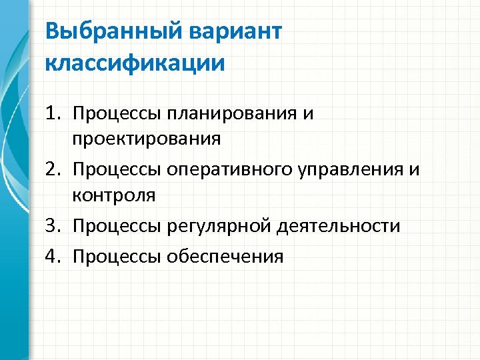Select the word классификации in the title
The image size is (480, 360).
point(135,63)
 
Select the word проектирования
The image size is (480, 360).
point(147,139)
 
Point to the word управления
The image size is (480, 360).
point(353,170)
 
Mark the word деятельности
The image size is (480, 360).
point(332,226)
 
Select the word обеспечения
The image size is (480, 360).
point(227,257)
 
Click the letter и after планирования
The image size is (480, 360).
point(307,114)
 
